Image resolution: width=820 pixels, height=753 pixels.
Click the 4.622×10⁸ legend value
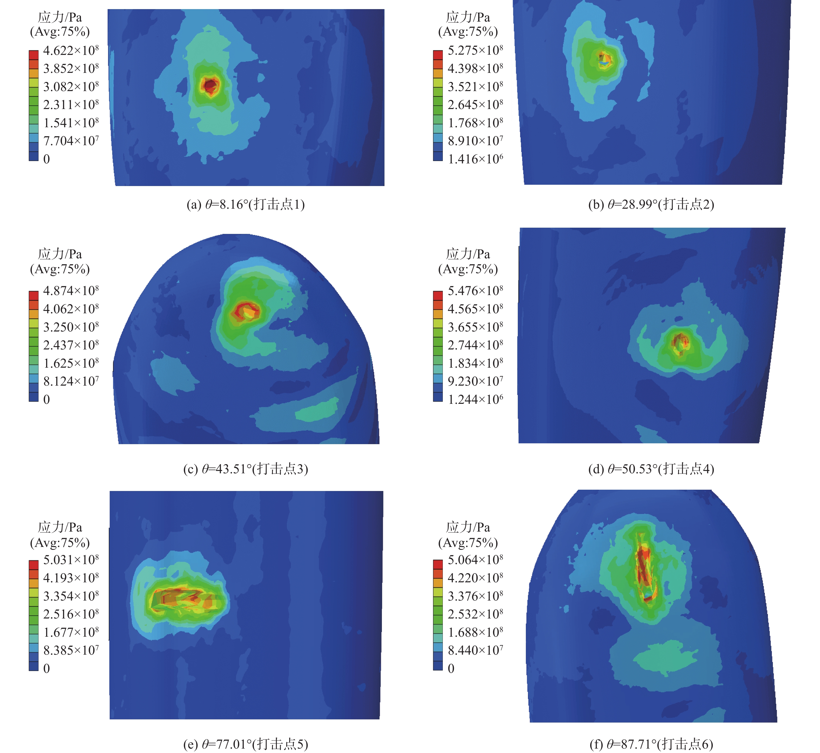pos(71,51)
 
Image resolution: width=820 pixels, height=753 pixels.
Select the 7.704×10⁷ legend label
pos(71,141)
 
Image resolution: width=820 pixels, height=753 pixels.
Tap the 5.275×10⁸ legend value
pos(475,51)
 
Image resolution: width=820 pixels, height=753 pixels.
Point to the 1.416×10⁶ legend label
pos(475,159)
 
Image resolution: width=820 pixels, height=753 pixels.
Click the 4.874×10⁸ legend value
pos(71,291)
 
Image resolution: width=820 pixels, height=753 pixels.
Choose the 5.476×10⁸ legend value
pos(475,291)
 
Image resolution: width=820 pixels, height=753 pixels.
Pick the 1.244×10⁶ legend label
pos(475,399)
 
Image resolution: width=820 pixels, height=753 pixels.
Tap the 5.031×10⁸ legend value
pos(71,560)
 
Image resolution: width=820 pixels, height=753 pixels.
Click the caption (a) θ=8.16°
pos(245,204)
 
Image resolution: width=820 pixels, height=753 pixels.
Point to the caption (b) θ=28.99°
pos(651,204)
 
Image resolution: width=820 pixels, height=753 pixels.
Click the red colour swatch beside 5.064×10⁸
pos(438,565)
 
